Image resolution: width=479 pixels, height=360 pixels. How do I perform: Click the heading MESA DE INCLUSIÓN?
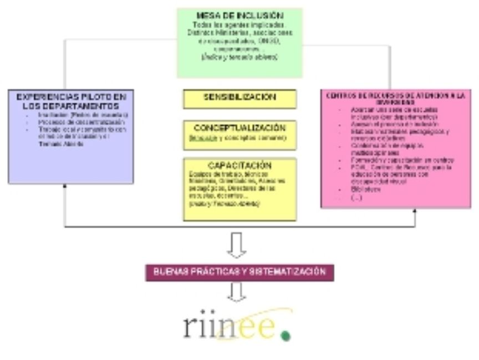240,14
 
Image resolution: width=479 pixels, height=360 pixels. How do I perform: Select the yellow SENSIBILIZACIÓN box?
240,98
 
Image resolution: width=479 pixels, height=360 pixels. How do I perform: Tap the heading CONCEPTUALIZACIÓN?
240,127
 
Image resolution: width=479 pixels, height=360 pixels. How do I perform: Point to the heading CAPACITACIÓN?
240,165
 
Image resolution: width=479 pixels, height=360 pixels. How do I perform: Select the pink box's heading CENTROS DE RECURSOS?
395,99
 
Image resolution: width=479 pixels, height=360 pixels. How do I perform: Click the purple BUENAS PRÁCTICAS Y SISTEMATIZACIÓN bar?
239,272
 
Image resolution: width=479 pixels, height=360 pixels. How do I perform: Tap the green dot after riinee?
286,335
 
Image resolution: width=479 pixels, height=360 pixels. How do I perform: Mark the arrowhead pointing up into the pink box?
415,212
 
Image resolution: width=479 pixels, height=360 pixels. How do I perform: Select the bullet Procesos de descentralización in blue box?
78,122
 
